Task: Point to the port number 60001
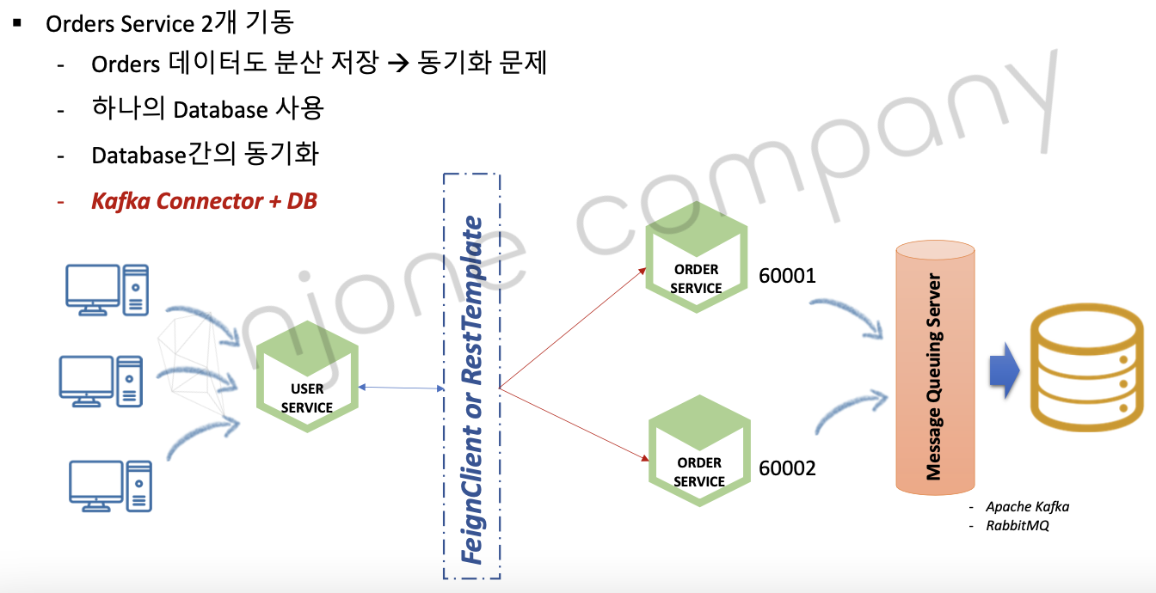tap(786, 276)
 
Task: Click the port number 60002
tap(786, 468)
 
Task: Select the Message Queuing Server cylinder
tap(935, 370)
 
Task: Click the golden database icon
tap(1090, 371)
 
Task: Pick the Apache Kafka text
tap(1027, 506)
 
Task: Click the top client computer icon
tap(108, 290)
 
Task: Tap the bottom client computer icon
tap(110, 486)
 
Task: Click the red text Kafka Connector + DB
tap(204, 201)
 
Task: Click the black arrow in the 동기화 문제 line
tap(396, 64)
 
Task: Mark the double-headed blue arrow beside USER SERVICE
tap(400, 388)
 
